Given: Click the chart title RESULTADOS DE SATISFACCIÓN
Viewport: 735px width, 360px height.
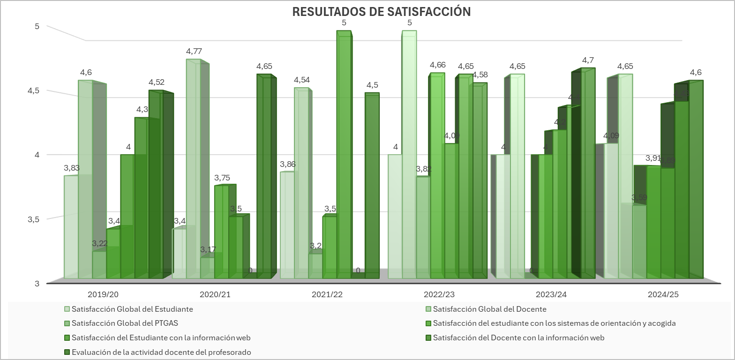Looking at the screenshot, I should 381,12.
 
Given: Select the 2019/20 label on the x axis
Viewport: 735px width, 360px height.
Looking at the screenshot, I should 103,295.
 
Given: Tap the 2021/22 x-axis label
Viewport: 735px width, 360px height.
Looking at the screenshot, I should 327,295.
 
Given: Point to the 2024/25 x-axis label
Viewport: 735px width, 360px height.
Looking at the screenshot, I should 663,295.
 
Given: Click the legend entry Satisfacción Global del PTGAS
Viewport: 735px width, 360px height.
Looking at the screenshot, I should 125,323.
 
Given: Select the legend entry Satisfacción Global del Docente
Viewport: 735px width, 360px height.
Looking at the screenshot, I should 489,309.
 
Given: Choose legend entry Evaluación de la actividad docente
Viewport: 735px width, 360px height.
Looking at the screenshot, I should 161,352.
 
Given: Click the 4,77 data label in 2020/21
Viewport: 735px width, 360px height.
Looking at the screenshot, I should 194,52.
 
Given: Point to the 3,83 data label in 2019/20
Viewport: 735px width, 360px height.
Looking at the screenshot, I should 72,168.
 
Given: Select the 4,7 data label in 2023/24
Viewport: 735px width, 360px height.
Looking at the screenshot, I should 588,60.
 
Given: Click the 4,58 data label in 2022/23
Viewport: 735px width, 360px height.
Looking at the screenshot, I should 480,75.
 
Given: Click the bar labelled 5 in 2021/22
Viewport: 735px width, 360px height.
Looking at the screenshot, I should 344,155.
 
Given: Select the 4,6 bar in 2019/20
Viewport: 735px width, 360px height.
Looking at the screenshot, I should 85,178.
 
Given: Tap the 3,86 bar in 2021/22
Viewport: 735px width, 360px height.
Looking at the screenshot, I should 287,225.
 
